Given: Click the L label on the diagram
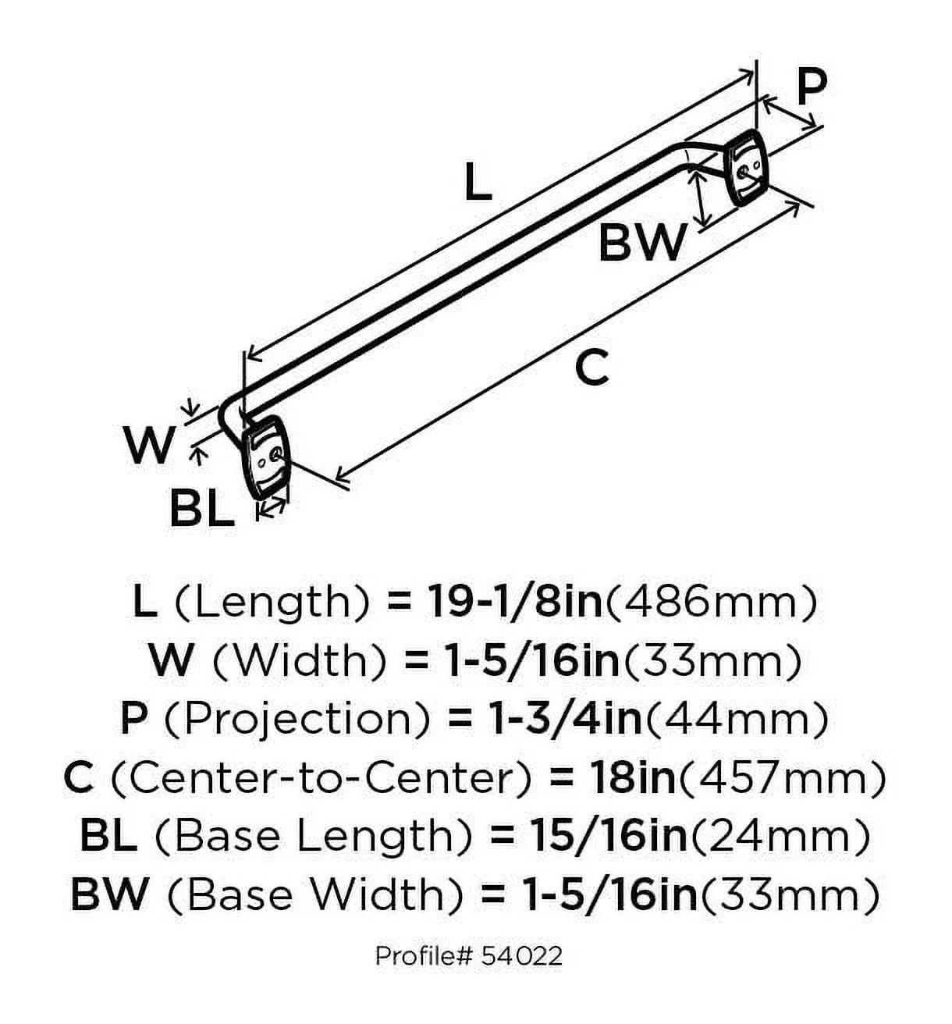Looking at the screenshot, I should (477, 183).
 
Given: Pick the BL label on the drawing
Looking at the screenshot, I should (202, 509).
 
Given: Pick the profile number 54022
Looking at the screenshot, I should (521, 955).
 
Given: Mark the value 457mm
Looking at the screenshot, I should (783, 777).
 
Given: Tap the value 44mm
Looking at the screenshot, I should (735, 719).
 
